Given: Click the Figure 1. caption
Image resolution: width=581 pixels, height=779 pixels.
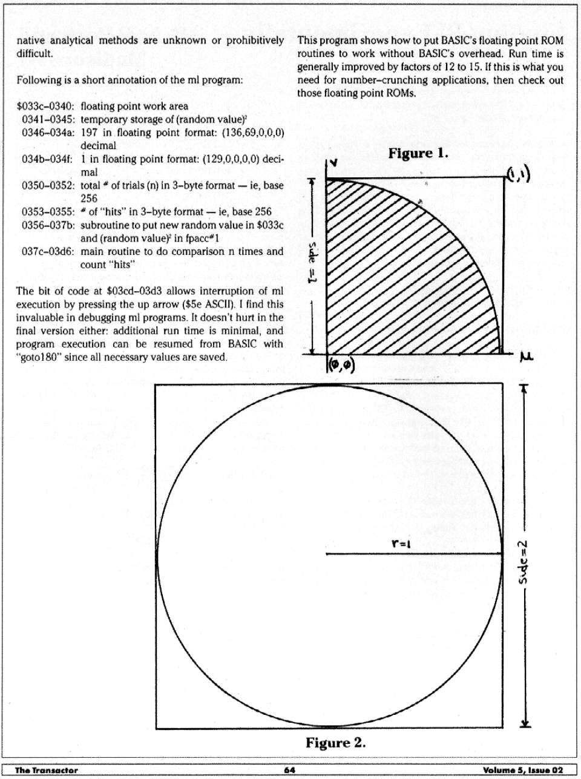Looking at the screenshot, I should tap(418, 153).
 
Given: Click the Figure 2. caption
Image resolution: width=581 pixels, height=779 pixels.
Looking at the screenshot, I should tap(335, 743).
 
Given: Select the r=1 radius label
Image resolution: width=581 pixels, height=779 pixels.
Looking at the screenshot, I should tap(401, 543).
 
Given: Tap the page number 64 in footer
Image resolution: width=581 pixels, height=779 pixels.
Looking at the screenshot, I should tap(289, 770).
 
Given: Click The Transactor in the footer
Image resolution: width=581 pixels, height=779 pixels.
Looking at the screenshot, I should tap(46, 770).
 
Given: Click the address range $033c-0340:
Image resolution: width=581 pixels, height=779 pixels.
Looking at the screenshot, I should tap(46, 106).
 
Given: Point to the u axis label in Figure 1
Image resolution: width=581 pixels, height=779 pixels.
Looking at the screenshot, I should tap(526, 359).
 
